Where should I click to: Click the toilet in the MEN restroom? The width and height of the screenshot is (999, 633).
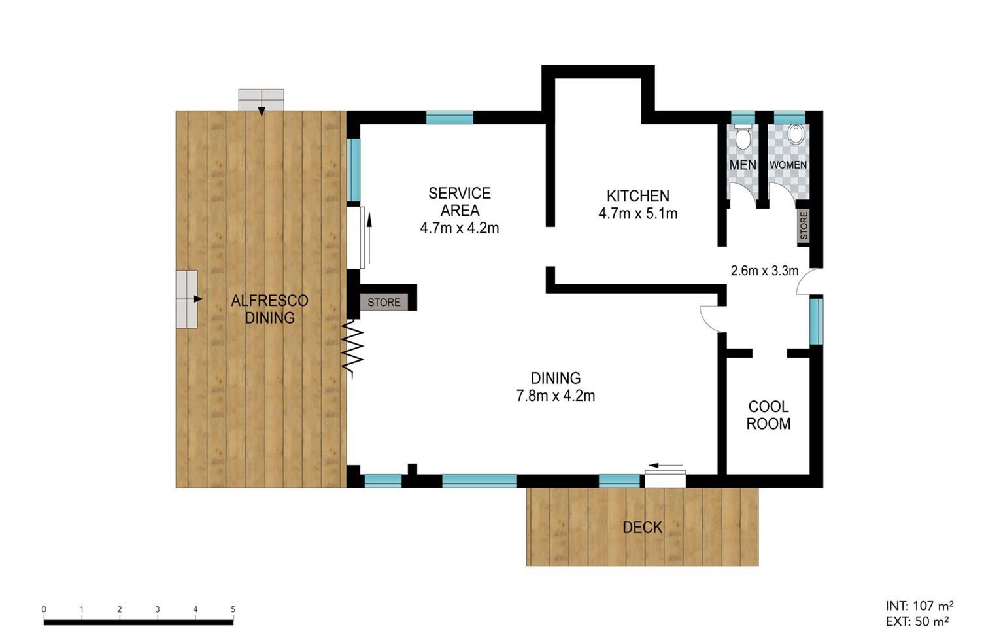[743, 137]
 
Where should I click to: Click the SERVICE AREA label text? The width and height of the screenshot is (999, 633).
[460, 201]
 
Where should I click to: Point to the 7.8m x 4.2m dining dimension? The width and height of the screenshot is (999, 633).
[556, 396]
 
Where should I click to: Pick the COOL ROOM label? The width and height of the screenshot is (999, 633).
[768, 415]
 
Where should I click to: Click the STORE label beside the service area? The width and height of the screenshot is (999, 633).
[384, 303]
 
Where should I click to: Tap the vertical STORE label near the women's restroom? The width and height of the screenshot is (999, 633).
[804, 226]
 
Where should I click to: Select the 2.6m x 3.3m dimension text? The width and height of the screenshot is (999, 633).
[764, 271]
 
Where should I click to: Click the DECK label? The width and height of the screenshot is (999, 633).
[642, 528]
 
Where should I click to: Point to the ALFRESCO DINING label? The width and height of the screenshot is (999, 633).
[269, 309]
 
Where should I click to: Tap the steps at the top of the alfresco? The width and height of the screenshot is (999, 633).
[262, 100]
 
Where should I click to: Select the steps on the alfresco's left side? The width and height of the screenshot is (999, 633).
[187, 299]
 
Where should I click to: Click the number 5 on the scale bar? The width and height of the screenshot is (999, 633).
[233, 609]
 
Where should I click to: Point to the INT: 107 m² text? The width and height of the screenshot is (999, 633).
[919, 606]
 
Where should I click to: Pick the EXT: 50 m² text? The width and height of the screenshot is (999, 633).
[917, 621]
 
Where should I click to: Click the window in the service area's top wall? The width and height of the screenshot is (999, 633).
[450, 117]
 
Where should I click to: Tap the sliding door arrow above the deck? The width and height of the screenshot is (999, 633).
[666, 466]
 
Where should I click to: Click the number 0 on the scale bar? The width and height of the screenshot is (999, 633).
[44, 609]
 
